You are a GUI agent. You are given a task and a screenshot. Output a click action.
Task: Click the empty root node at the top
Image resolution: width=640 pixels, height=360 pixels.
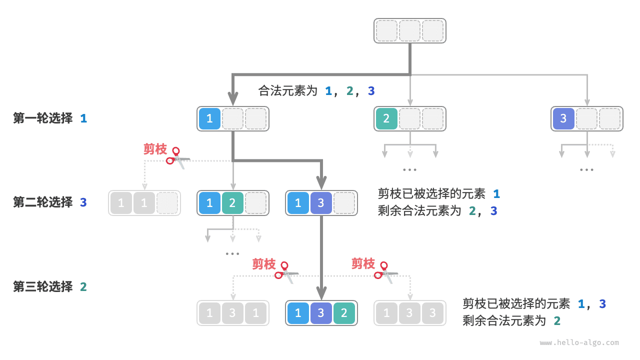[409, 30]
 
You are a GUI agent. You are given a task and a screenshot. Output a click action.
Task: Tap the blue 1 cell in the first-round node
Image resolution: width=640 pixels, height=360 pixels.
[209, 119]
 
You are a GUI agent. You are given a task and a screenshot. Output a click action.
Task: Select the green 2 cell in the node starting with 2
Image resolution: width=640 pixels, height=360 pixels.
[386, 119]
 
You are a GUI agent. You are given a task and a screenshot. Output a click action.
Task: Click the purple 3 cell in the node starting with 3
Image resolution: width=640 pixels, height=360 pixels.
[563, 119]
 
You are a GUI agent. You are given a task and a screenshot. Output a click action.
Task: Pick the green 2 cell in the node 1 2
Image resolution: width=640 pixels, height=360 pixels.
[232, 203]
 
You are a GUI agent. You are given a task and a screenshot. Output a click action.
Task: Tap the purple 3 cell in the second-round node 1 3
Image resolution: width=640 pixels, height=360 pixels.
[321, 203]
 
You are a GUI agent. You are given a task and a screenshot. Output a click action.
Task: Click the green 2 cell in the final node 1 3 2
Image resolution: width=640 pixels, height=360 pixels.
[344, 313]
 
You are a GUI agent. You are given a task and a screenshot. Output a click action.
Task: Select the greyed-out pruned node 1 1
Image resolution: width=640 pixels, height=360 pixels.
[144, 203]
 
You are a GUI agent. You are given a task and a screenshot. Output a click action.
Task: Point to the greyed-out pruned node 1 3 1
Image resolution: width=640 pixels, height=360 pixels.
[232, 313]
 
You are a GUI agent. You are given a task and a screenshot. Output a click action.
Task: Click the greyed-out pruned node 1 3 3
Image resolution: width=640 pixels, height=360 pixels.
[409, 313]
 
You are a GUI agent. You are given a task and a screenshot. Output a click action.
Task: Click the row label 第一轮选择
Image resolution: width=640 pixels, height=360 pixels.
[43, 118]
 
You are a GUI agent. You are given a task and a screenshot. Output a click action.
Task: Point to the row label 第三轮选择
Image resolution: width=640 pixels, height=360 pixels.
[43, 286]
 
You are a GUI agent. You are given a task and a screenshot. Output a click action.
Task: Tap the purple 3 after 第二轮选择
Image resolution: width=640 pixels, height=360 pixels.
[83, 202]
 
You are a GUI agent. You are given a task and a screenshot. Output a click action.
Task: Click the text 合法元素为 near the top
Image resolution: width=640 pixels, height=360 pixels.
[288, 90]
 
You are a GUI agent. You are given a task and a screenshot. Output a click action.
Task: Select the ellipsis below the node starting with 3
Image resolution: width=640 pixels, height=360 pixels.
[586, 170]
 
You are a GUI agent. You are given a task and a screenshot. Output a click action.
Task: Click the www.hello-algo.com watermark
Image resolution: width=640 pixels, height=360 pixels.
[579, 343]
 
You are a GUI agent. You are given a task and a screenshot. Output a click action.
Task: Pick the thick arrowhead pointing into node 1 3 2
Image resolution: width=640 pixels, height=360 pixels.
[321, 292]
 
